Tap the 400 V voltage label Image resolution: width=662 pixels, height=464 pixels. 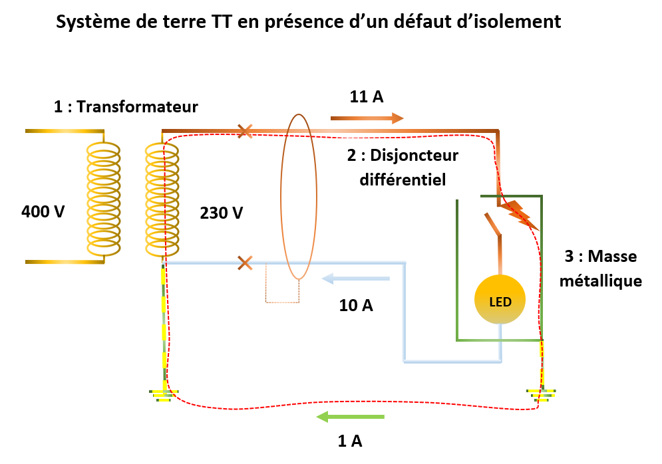pos(43,213)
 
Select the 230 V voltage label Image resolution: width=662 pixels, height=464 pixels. pos(222,213)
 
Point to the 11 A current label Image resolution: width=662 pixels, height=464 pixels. pos(367,96)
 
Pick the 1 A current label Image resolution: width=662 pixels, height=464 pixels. pos(350,439)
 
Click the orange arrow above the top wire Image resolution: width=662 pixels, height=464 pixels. pos(367,118)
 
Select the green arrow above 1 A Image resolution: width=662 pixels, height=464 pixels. pos(350,417)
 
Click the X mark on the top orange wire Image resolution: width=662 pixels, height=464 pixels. pos(245,131)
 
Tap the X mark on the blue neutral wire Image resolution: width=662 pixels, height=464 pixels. pos(245,263)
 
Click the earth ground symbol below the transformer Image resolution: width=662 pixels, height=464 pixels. pos(162,396)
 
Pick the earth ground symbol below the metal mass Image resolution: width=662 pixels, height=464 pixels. pos(542,395)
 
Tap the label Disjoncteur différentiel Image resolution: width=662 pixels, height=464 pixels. pos(402,168)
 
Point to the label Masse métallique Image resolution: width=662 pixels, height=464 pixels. pos(601,269)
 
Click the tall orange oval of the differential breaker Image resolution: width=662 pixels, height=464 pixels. pos(298,197)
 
